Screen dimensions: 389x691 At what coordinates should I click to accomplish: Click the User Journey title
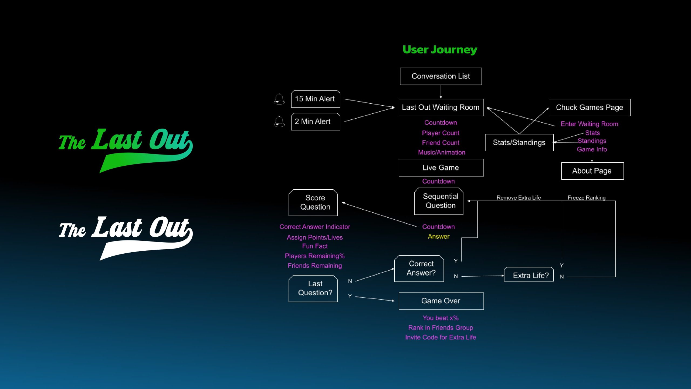tap(440, 50)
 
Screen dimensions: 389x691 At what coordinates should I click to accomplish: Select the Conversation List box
tap(441, 76)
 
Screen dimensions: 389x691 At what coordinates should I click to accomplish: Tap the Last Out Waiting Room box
tap(441, 108)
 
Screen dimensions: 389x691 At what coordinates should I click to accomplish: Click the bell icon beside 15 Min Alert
tap(279, 99)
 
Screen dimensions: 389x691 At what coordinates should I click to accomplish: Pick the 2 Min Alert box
tap(315, 122)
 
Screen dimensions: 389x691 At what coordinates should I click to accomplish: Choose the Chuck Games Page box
tap(590, 108)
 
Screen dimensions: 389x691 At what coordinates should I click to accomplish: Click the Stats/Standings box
tap(519, 142)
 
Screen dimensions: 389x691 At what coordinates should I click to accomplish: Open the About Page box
tap(592, 171)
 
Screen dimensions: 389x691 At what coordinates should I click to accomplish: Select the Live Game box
tap(441, 167)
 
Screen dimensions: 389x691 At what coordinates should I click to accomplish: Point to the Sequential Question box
tap(439, 201)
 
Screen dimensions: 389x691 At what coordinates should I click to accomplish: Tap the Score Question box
tap(313, 202)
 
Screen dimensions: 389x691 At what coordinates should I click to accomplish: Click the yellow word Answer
tap(439, 236)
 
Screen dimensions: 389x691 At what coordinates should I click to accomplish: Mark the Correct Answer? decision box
tap(419, 268)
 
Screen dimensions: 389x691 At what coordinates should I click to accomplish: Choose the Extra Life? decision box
tap(529, 275)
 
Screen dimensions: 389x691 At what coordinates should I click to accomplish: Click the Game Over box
tap(441, 301)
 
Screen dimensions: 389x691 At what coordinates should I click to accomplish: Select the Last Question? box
tap(313, 288)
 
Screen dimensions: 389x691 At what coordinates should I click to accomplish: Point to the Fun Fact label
tap(315, 246)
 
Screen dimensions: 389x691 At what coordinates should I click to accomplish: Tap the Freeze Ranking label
tap(586, 197)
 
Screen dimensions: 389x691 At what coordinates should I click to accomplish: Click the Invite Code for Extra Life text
tap(441, 337)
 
